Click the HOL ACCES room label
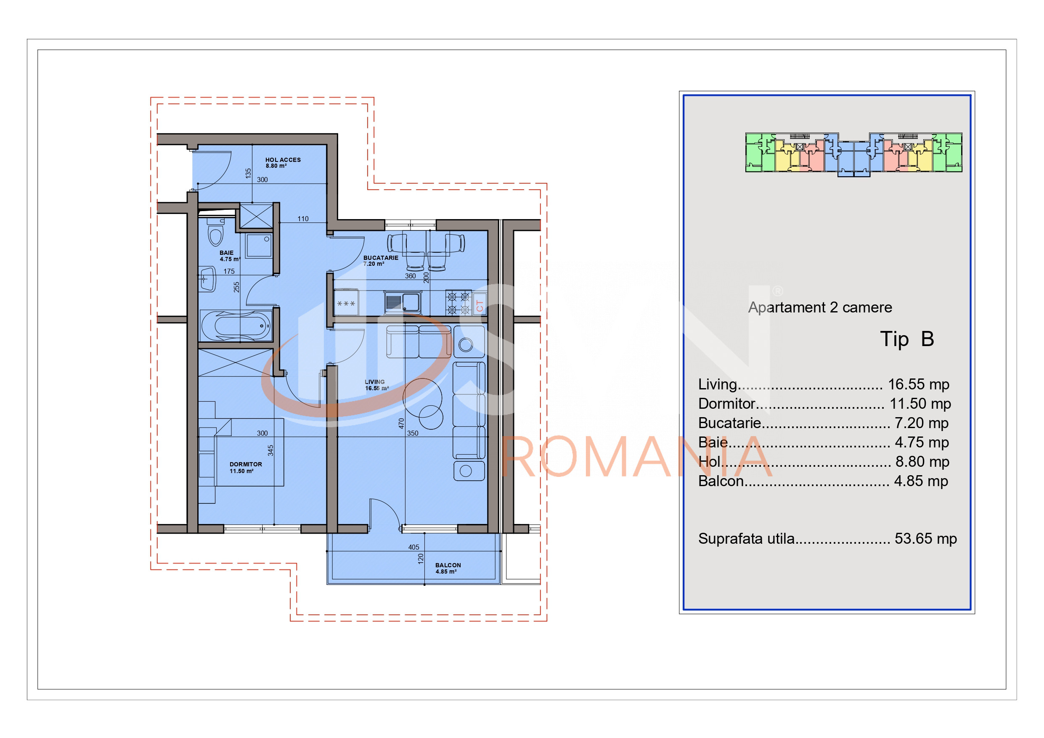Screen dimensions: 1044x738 pos(283,160)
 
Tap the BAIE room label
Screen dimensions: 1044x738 pos(226,253)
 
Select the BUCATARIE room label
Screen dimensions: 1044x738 pos(381,258)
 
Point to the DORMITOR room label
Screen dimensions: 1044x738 pos(246,464)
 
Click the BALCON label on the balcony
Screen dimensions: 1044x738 pos(448,565)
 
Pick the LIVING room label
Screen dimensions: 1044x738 pos(375,382)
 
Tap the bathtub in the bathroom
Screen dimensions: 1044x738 pos(236,325)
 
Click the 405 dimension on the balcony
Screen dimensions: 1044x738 pos(413,547)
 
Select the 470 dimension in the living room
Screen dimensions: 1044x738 pos(401,423)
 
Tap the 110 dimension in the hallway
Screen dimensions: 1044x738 pos(303,219)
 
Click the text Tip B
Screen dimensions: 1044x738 pos(907,339)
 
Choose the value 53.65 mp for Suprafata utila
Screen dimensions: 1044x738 pos(926,538)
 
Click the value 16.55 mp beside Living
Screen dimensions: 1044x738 pos(919,384)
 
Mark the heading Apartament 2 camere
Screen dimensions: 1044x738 pos(820,308)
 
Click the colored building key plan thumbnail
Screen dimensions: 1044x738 pos(853,155)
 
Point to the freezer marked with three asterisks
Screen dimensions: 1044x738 pos(346,303)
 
